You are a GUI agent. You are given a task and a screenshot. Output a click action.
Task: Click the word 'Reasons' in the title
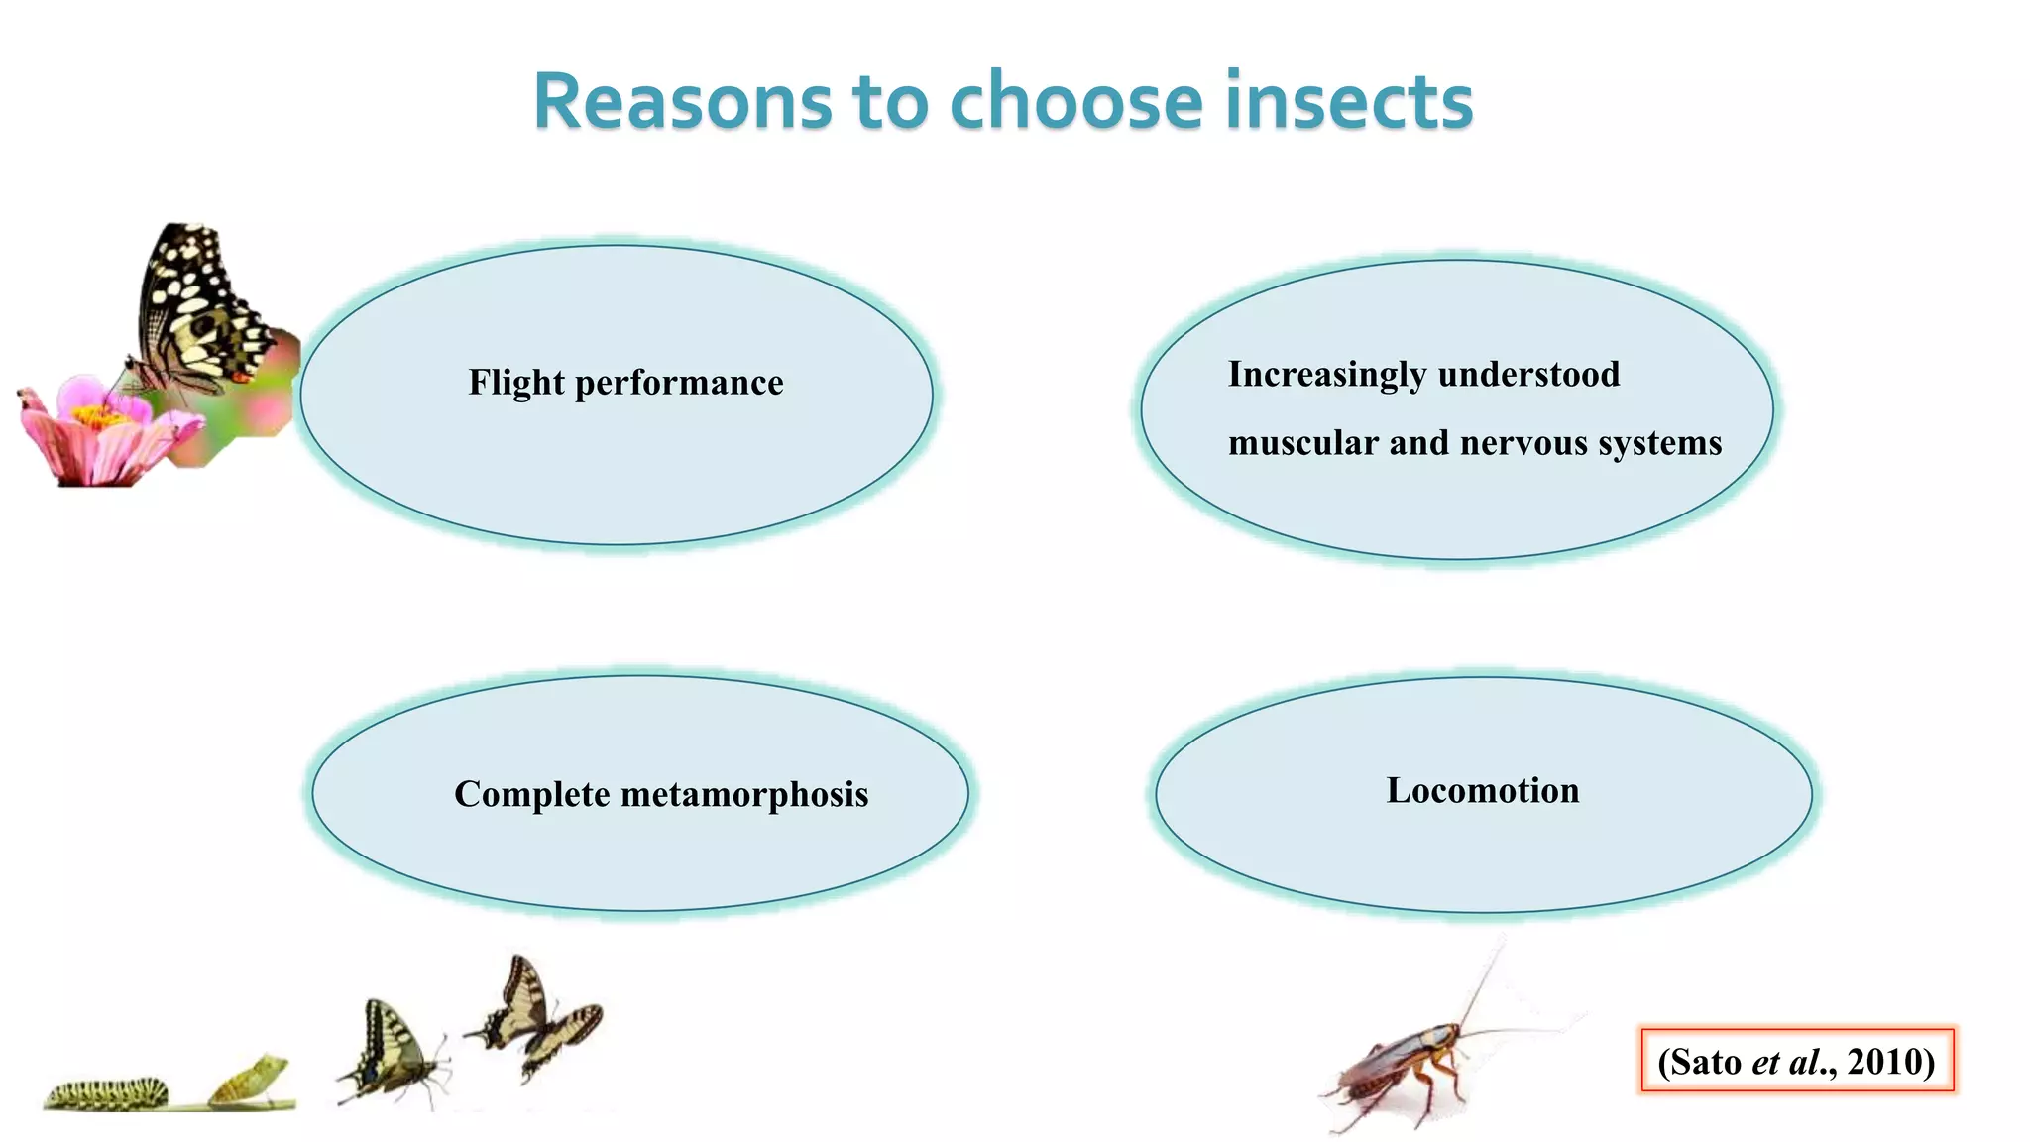click(x=683, y=101)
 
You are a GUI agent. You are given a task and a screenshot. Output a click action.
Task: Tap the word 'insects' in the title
click(x=1349, y=101)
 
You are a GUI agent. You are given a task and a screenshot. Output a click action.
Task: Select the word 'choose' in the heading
click(x=1076, y=101)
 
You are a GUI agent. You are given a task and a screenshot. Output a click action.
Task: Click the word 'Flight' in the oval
click(x=515, y=383)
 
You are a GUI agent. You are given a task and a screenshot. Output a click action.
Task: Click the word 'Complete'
click(x=531, y=794)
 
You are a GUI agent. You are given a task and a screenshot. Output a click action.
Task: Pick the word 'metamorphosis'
click(x=744, y=794)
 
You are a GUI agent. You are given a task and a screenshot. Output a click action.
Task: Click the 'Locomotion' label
click(x=1483, y=790)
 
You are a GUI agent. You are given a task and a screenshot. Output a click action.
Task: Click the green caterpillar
click(x=106, y=1094)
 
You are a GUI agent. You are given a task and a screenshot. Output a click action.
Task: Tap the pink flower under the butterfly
click(x=99, y=431)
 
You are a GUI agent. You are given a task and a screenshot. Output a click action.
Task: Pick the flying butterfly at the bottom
click(x=535, y=1016)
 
